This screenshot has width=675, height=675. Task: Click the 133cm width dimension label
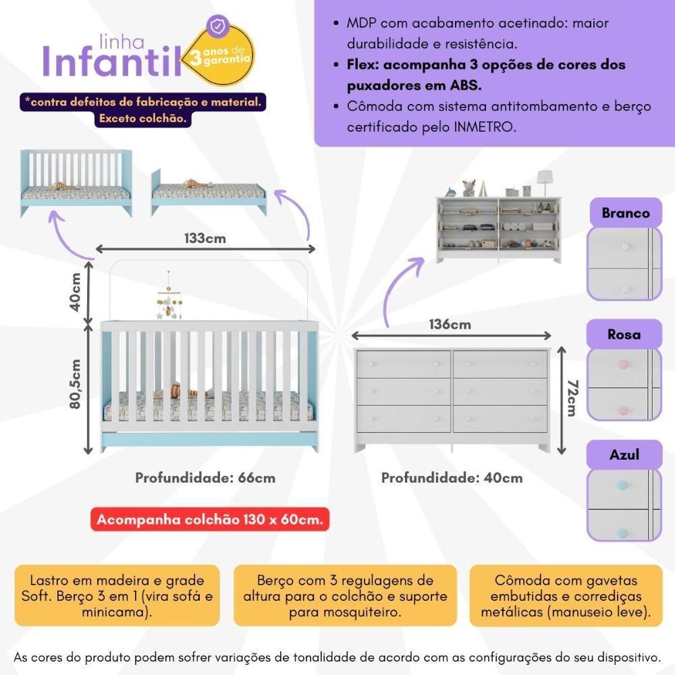click(205, 238)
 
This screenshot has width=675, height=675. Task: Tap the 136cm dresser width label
click(450, 324)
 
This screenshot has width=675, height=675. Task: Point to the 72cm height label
click(572, 398)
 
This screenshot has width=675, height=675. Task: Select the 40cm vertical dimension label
click(76, 292)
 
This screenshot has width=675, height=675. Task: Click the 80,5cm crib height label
click(75, 383)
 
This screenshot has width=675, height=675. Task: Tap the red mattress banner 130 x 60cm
click(210, 519)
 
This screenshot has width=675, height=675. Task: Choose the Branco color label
click(626, 213)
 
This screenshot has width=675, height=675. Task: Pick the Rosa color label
click(624, 334)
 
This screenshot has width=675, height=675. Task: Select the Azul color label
click(624, 454)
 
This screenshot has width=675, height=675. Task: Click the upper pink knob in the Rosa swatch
click(622, 365)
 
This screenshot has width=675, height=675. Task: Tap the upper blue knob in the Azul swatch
click(622, 485)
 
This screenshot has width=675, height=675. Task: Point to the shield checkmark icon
click(218, 26)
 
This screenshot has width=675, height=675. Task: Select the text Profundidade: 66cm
click(205, 477)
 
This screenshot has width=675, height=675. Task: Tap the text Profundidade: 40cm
click(452, 477)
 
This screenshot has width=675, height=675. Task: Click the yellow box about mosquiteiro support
click(345, 596)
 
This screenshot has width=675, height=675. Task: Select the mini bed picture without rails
click(209, 192)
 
